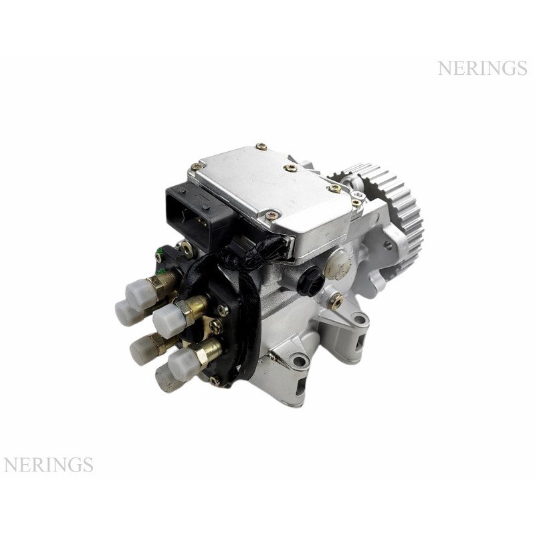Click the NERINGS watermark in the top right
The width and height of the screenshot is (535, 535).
(482, 68)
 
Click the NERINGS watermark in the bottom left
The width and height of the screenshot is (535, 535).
(48, 465)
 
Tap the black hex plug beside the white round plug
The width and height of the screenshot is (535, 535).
(310, 280)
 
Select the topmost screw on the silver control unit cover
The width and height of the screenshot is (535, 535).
(261, 146)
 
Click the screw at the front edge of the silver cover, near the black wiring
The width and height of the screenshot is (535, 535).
(272, 215)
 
